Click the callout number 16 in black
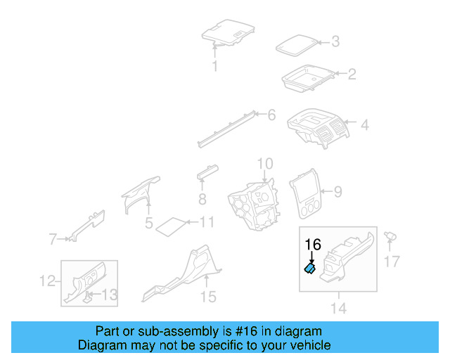tap(313, 245)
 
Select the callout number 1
tap(215, 67)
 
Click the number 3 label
tap(335, 42)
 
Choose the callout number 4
tap(364, 126)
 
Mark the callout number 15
tap(207, 297)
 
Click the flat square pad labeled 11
tap(169, 226)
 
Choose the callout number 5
tap(149, 224)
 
